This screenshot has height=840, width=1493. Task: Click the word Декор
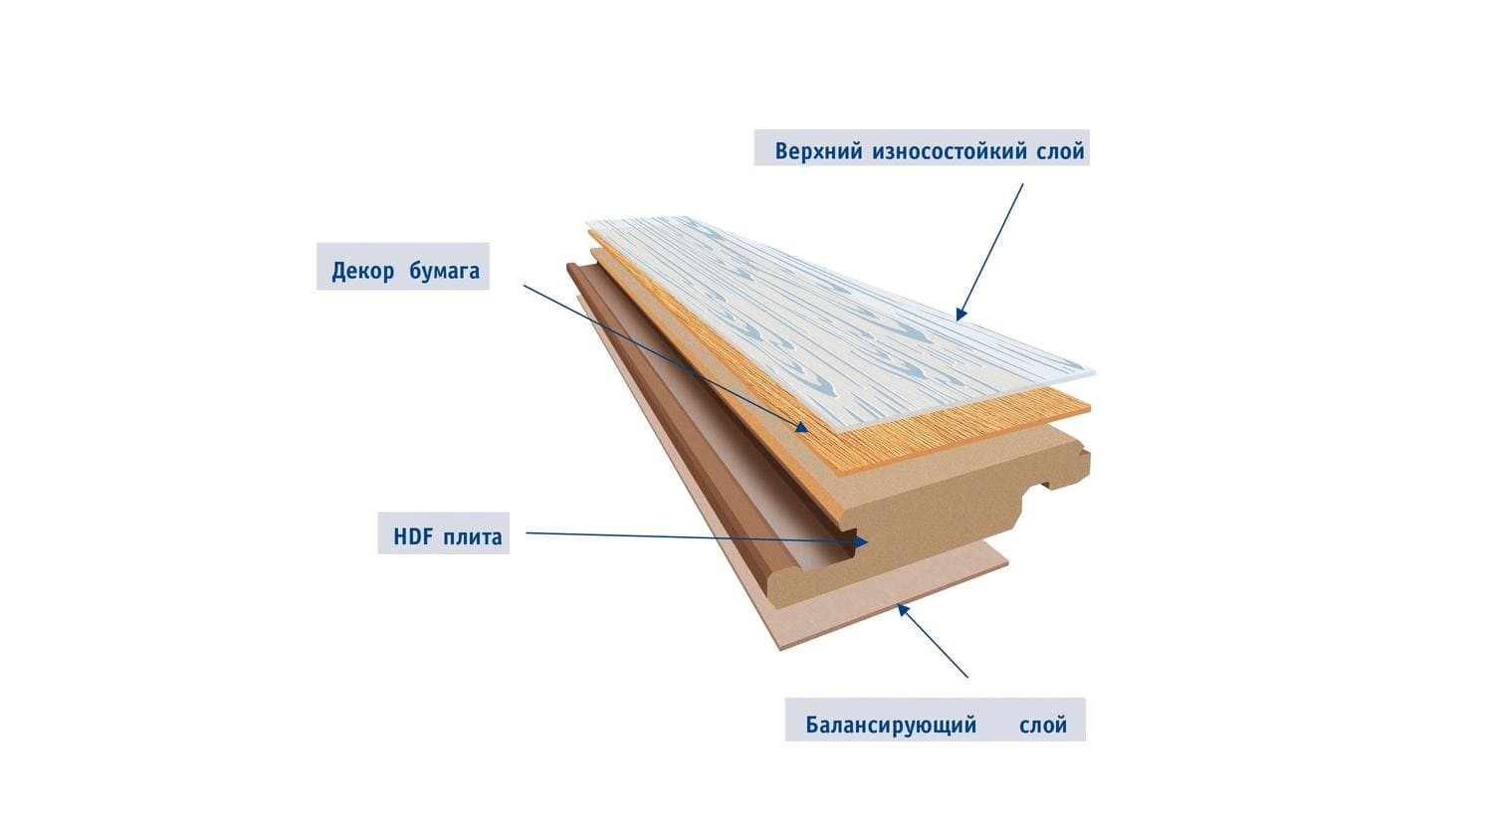coord(364,271)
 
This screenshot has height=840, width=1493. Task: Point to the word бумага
coord(444,271)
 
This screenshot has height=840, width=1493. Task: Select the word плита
coord(476,537)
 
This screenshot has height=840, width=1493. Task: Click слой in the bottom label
coord(1043,725)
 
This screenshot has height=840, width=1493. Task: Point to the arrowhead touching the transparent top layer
coord(960,314)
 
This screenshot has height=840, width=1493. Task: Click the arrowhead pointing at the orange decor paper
coord(801,426)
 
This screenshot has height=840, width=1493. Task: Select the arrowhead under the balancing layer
coord(903,608)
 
